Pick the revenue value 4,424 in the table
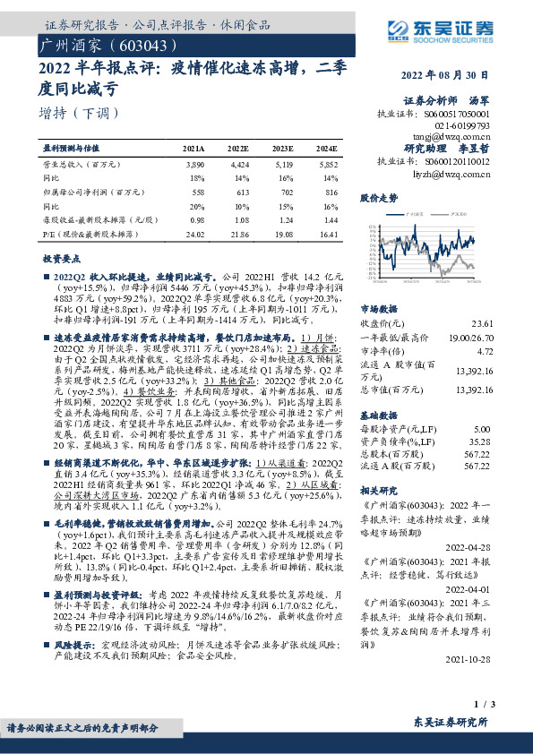(x=238, y=166)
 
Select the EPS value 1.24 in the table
(x=284, y=219)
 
